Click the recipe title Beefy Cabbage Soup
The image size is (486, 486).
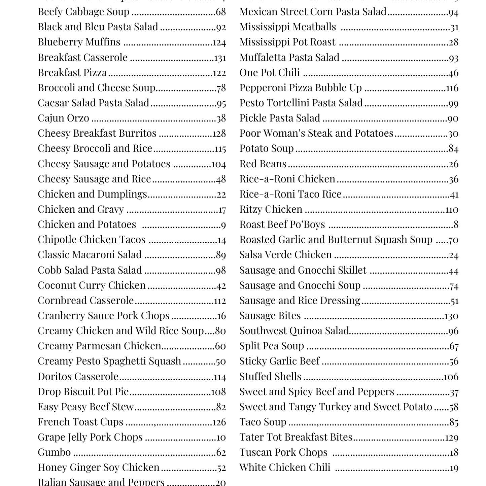click(83, 12)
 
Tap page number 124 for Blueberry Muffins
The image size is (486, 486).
click(219, 42)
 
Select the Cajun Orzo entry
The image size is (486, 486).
click(63, 118)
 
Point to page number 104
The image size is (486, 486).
click(218, 164)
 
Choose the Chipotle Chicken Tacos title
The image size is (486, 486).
click(92, 240)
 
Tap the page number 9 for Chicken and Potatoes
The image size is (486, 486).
click(223, 225)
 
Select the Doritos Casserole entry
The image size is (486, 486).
click(78, 376)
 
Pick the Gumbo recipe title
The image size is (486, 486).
click(54, 452)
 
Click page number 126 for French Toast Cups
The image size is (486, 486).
click(219, 422)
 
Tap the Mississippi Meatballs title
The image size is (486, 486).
click(287, 27)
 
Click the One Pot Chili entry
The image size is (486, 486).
click(269, 73)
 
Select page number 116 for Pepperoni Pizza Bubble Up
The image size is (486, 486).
click(452, 88)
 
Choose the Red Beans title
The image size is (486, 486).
click(263, 164)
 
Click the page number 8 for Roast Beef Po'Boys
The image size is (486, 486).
click(456, 224)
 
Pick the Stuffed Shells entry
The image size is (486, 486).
click(270, 376)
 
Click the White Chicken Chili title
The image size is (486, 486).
click(285, 467)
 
